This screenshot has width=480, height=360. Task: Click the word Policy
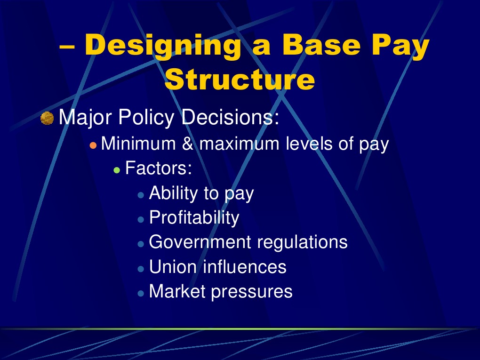[x=146, y=118]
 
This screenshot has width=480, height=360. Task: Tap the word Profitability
[x=194, y=218]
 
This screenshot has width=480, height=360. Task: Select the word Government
[x=200, y=242]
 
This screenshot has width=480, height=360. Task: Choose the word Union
[x=173, y=267]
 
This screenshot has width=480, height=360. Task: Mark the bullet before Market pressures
[x=141, y=293]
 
